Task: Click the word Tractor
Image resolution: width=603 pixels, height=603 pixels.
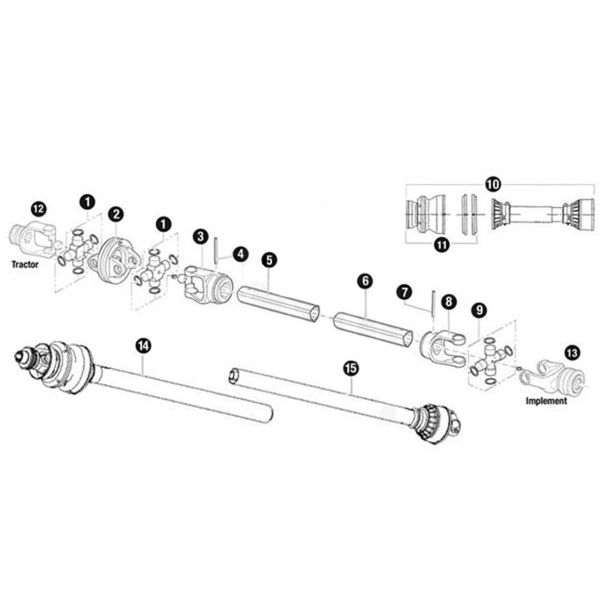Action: (25, 265)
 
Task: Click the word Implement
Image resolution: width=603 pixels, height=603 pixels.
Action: (546, 401)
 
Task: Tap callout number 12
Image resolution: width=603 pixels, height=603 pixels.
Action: (39, 209)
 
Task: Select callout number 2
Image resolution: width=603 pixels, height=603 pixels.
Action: (116, 214)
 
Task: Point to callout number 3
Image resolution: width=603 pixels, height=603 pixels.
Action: (200, 236)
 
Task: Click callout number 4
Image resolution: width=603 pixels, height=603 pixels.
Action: (241, 254)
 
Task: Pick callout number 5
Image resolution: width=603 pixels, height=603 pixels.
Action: (269, 260)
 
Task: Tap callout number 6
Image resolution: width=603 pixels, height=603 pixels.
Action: (365, 281)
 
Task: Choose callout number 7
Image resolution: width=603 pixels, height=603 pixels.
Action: (404, 292)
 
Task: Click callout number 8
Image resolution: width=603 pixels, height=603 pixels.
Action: (449, 302)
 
